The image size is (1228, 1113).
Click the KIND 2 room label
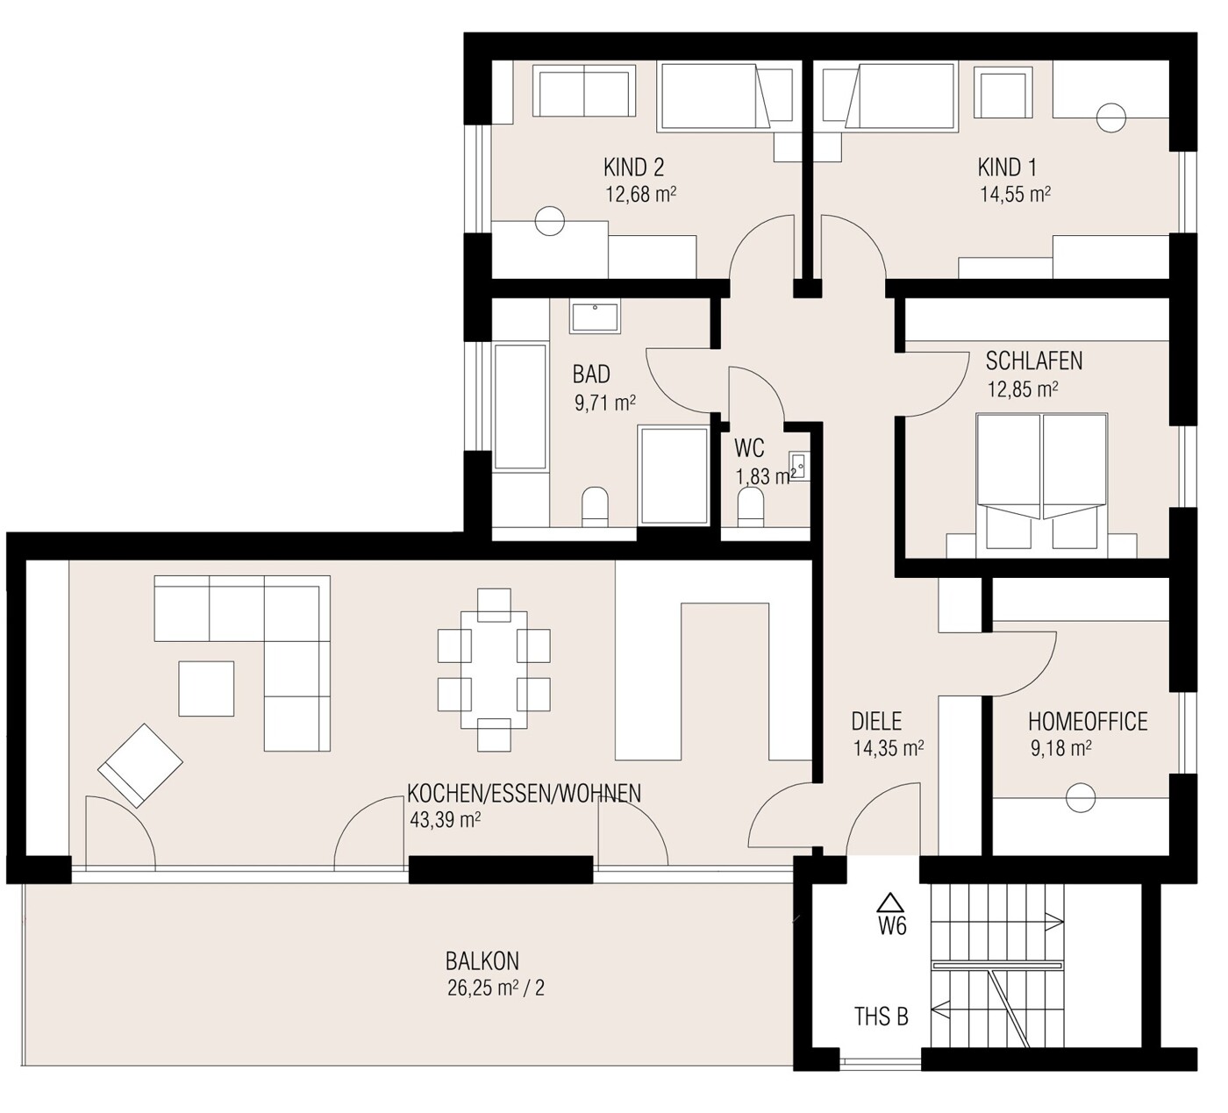[x=633, y=168]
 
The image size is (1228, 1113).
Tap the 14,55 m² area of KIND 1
[x=1016, y=195]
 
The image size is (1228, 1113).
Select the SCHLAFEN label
[x=1034, y=361]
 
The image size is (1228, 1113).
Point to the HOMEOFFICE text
[x=1088, y=722]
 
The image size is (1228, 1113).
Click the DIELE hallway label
[x=876, y=722]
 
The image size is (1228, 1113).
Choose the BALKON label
[x=482, y=961]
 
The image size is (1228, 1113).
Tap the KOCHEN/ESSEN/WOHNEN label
[x=524, y=794]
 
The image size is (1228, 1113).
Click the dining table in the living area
[x=494, y=669]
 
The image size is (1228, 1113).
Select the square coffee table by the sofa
[x=206, y=688]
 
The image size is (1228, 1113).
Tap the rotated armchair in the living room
[x=140, y=765]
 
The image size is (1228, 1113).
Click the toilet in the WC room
[x=751, y=508]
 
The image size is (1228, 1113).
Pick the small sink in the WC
[x=799, y=467]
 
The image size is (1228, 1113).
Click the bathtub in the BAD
[x=520, y=407]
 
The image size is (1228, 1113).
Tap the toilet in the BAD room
[x=595, y=507]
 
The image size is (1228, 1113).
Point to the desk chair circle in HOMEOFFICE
[x=1081, y=798]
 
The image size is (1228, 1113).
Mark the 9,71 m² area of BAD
[x=605, y=403]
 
